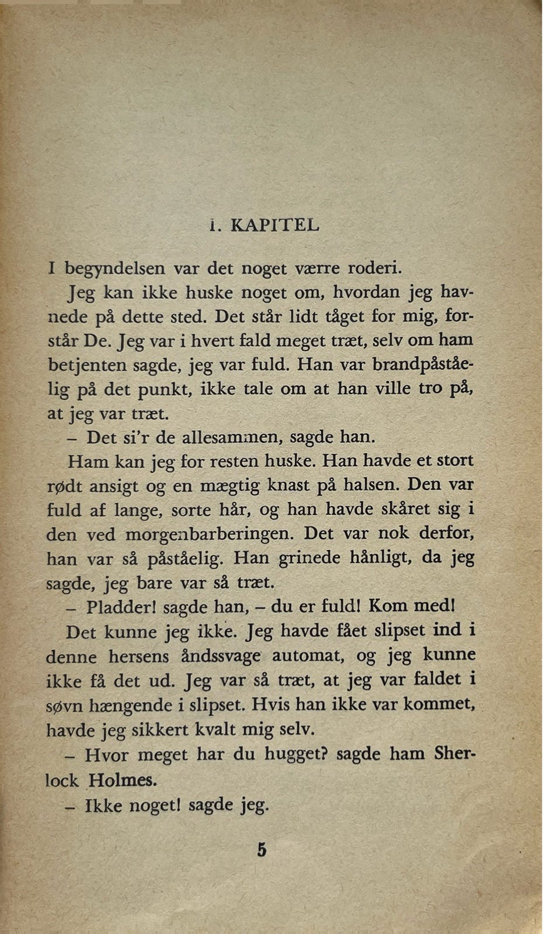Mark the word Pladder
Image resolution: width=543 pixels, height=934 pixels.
pyautogui.click(x=120, y=607)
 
